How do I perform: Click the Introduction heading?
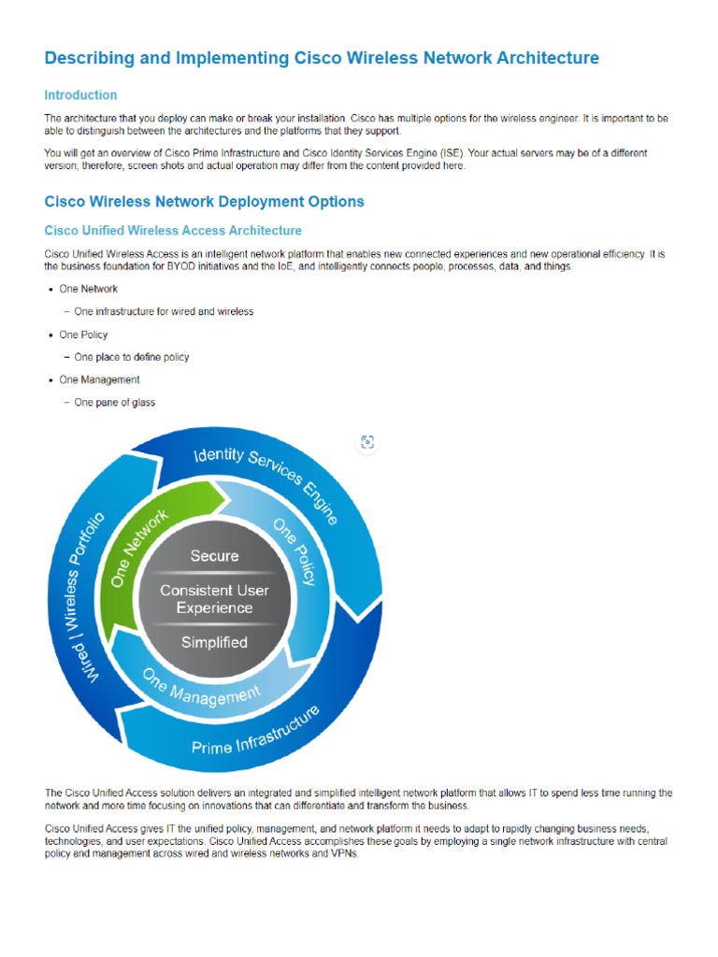tap(80, 95)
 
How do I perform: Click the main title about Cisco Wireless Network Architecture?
tap(322, 59)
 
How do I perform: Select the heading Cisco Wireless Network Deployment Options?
tap(204, 202)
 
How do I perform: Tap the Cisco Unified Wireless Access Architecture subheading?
tap(173, 231)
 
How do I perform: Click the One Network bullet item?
tap(88, 290)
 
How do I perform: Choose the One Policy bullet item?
tap(83, 335)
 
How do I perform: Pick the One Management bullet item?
tap(99, 380)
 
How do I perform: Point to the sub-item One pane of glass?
tap(114, 403)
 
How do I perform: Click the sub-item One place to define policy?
tap(131, 357)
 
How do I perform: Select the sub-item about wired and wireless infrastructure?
tap(164, 312)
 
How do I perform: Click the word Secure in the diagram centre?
tap(214, 556)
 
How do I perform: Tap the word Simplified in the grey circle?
tap(214, 643)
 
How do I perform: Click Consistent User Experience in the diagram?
tap(214, 599)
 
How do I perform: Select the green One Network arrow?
tap(140, 548)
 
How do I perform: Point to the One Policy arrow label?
tap(295, 552)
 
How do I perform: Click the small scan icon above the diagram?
tap(367, 442)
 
